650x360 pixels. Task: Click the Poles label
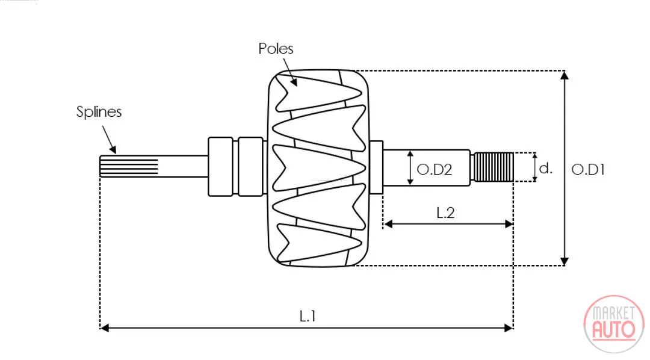point(276,49)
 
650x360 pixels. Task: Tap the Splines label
point(99,112)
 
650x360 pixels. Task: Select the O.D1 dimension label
point(588,169)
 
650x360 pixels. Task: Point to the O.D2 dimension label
point(434,169)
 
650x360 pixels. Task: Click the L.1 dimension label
point(308,317)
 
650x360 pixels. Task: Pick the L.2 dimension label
point(445,213)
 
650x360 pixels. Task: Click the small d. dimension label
point(545,168)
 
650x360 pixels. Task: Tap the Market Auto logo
point(614,324)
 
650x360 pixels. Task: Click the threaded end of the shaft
point(494,167)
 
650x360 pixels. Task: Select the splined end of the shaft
point(129,166)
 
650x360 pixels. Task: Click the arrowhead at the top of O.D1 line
point(564,75)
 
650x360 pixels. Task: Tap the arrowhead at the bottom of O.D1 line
point(564,261)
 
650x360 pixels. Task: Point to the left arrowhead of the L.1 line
point(105,328)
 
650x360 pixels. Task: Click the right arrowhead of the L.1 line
point(509,328)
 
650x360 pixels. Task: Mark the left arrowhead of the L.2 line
point(388,225)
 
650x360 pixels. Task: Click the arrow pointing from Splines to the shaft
point(109,140)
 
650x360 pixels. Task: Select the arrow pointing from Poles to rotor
point(291,72)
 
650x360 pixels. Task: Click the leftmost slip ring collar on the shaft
point(220,166)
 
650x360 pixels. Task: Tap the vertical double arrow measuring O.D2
point(410,167)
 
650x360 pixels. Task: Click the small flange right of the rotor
point(376,167)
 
